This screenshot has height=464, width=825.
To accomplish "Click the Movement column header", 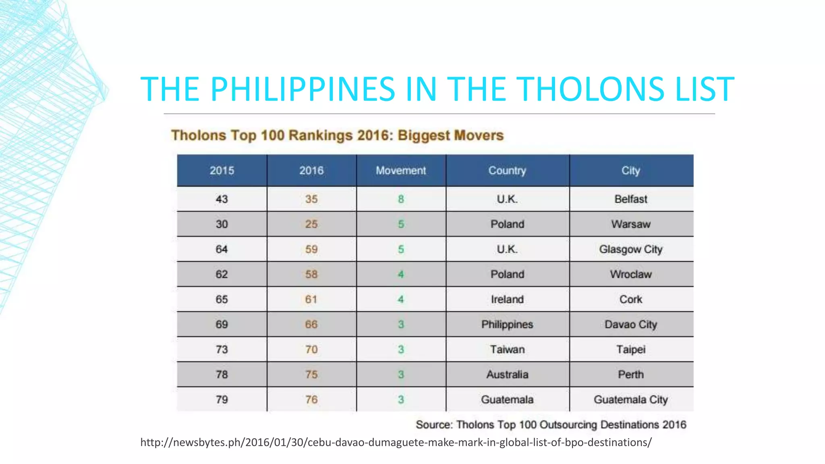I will tap(401, 170).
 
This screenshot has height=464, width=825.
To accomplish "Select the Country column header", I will tap(507, 170).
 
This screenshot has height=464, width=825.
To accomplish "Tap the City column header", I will tap(631, 170).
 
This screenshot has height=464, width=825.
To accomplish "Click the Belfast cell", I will tap(631, 199).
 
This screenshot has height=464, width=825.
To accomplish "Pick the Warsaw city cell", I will tap(631, 224).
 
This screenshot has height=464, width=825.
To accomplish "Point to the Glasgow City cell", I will tap(631, 249).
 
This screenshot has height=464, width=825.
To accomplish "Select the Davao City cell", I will tap(631, 324).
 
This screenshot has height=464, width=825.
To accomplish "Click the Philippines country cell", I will tap(507, 324).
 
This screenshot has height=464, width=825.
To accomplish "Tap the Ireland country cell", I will tap(507, 299).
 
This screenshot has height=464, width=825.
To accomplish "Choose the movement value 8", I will tap(401, 199).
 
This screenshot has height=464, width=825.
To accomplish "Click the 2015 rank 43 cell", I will tap(222, 199).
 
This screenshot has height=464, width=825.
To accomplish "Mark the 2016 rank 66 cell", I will tap(311, 324).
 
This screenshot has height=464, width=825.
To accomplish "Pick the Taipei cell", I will tap(631, 349).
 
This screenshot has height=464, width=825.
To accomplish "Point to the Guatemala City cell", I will tap(631, 400).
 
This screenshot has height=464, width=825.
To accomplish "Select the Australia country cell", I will tap(507, 375).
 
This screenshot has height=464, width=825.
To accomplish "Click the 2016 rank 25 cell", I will tap(311, 224).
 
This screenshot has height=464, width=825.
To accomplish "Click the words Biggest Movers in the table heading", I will tap(450, 135).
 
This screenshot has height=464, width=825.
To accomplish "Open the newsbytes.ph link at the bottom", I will tap(396, 442).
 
